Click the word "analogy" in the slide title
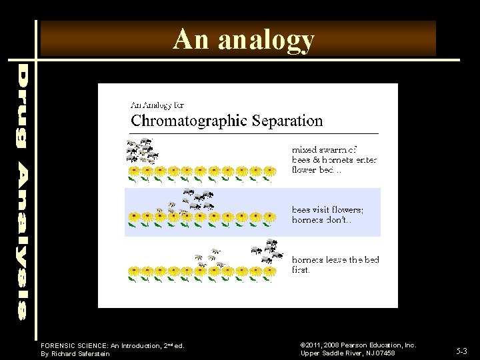tap(266, 41)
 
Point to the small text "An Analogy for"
tap(157, 105)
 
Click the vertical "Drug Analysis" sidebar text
tap(23, 190)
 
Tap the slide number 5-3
tap(462, 350)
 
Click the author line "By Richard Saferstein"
tap(75, 354)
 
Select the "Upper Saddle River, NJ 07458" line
tap(347, 353)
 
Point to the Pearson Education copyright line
tap(358, 345)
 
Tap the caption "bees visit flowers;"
tap(327, 210)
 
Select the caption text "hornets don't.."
tap(321, 220)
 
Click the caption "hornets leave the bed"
tap(335, 260)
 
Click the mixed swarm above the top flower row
tap(142, 152)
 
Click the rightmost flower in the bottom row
tap(269, 272)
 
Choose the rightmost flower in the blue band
tap(269, 217)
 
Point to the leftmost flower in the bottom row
tap(133, 272)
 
